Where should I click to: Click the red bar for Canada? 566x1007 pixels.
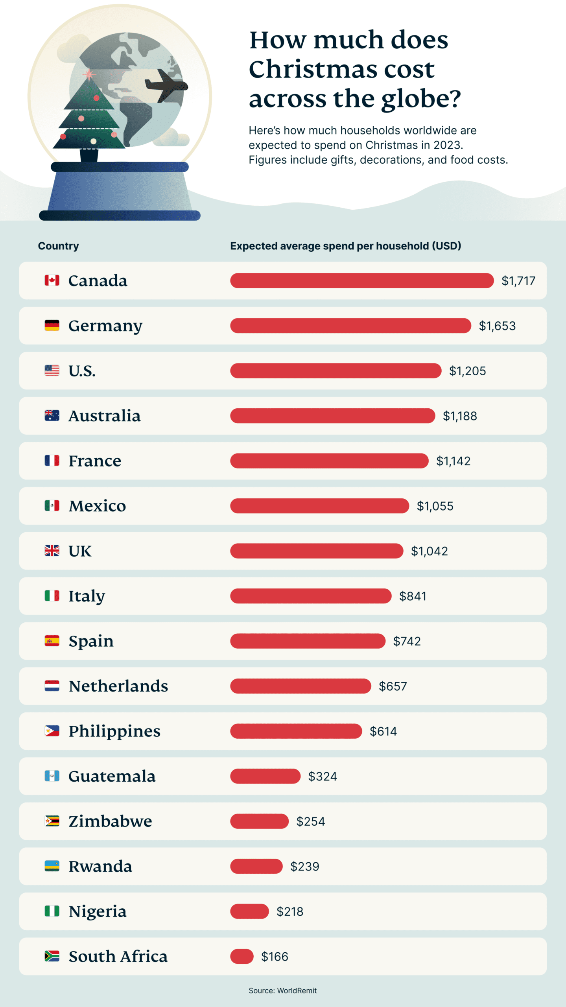361,280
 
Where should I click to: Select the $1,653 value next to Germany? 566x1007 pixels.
497,326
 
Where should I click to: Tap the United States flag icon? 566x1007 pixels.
52,370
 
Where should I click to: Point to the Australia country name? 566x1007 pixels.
104,416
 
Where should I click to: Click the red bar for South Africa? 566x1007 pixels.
242,956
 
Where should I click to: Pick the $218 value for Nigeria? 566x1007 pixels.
290,911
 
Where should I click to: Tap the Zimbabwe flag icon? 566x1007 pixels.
52,821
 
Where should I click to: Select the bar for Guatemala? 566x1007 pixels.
265,776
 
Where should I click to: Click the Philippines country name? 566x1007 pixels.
114,731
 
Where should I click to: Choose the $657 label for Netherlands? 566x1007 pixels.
393,686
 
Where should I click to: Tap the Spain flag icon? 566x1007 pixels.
52,641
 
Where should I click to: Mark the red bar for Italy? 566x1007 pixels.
311,596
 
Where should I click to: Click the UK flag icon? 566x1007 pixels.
52,551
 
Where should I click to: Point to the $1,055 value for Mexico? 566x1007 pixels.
435,506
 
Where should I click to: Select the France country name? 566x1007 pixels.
95,461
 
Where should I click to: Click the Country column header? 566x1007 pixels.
58,246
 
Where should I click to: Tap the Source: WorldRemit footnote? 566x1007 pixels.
282,990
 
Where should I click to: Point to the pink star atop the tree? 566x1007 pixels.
89,74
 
